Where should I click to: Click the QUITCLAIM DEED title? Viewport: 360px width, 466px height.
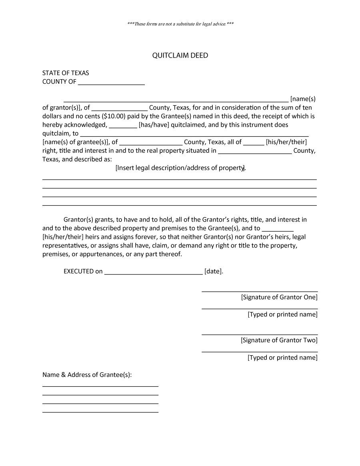coord(180,56)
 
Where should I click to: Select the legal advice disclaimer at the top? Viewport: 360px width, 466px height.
coord(180,24)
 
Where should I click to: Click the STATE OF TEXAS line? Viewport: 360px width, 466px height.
coord(66,73)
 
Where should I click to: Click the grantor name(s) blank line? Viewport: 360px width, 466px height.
coord(176,100)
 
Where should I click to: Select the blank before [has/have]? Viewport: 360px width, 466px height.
coord(123,126)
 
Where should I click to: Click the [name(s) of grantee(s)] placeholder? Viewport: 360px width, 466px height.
coord(76,142)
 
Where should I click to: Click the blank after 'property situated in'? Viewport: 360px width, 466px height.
coord(255,152)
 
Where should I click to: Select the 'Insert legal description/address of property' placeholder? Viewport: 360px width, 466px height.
coord(180,168)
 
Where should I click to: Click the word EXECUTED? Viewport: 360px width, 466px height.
coord(78,271)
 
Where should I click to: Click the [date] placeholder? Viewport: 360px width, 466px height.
coord(213,271)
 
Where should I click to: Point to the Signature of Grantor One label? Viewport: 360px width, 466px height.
coord(279,297)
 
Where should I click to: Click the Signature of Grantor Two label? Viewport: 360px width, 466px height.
coord(279,340)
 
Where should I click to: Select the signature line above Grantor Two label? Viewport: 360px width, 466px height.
coord(260,334)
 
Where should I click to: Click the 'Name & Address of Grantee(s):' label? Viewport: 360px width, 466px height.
coord(87,375)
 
